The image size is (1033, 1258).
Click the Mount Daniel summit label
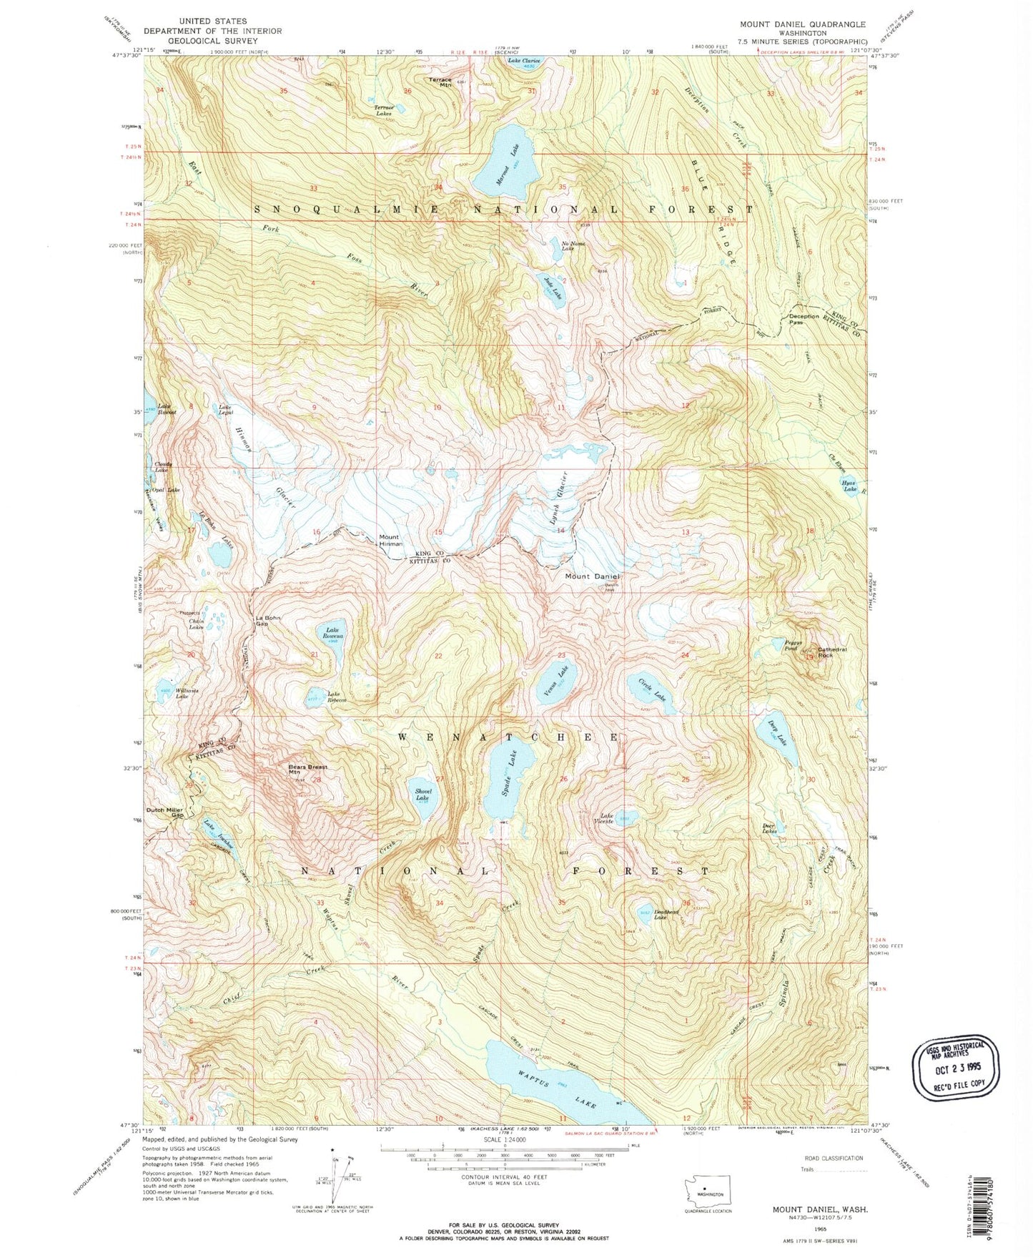pos(593,576)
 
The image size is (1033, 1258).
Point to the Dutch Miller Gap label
pos(165,812)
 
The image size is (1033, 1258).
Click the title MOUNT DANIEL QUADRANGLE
pos(802,24)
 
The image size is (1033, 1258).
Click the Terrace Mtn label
pos(440,82)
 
